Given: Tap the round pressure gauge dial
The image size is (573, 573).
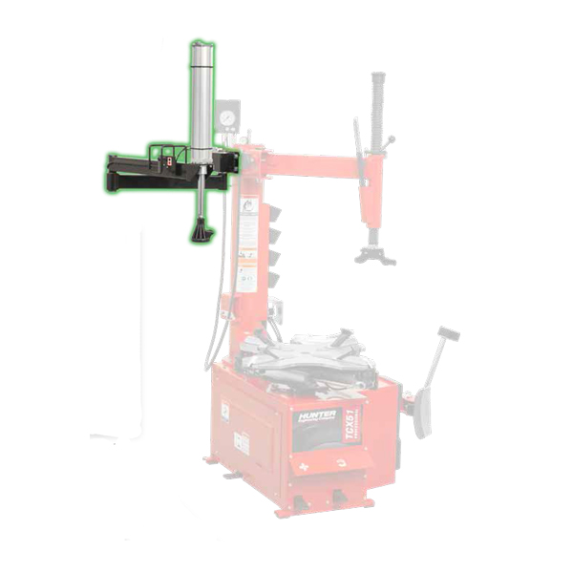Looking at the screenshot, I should [228, 119].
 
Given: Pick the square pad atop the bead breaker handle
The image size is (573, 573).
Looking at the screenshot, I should [448, 334].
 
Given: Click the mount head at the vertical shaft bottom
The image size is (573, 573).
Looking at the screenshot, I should [372, 254].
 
